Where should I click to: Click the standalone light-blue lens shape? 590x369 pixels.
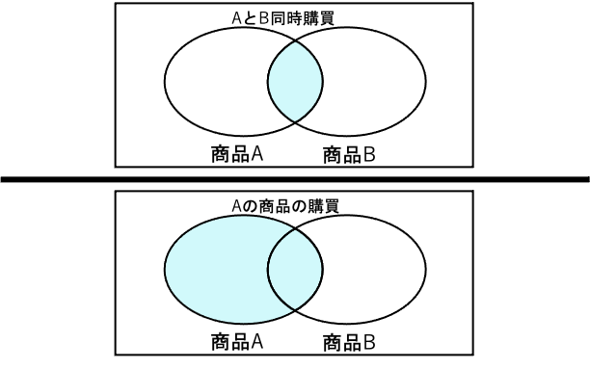(295, 81)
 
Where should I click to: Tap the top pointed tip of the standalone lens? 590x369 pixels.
(295, 40)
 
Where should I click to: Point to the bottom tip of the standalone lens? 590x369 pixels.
(295, 121)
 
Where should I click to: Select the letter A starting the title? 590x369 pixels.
(238, 205)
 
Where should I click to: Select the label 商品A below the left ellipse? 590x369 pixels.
(237, 341)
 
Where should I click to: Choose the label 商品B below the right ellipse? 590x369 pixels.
(349, 342)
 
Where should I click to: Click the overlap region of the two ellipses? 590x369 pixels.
(295, 269)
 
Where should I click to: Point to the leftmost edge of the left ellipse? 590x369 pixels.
(165, 269)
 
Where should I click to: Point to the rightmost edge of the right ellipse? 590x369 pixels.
(425, 269)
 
